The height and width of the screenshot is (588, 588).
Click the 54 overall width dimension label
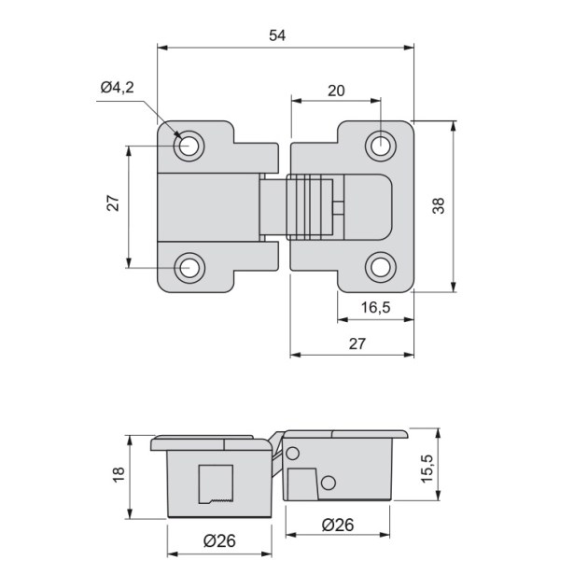277,35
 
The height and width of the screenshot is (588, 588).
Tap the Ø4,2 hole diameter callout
117,88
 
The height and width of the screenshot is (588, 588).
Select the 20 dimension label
336,91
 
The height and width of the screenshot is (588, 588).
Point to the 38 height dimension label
439,205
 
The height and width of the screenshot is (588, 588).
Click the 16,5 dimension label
375,307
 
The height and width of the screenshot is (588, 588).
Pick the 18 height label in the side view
119,475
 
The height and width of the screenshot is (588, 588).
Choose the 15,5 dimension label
427,469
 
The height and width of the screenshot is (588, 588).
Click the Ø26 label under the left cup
219,540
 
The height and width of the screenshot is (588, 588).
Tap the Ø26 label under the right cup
338,525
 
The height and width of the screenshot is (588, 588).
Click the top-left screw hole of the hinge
189,146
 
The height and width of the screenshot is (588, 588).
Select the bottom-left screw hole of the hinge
189,268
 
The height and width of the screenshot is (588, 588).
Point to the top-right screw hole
381,147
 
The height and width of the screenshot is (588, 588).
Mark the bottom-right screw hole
381,267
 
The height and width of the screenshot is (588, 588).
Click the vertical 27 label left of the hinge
113,203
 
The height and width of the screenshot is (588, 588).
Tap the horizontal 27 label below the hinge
357,343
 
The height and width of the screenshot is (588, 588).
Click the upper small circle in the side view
292,454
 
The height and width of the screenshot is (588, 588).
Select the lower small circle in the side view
329,483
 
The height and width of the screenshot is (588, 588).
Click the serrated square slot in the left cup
216,484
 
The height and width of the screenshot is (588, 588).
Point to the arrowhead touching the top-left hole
177,134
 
